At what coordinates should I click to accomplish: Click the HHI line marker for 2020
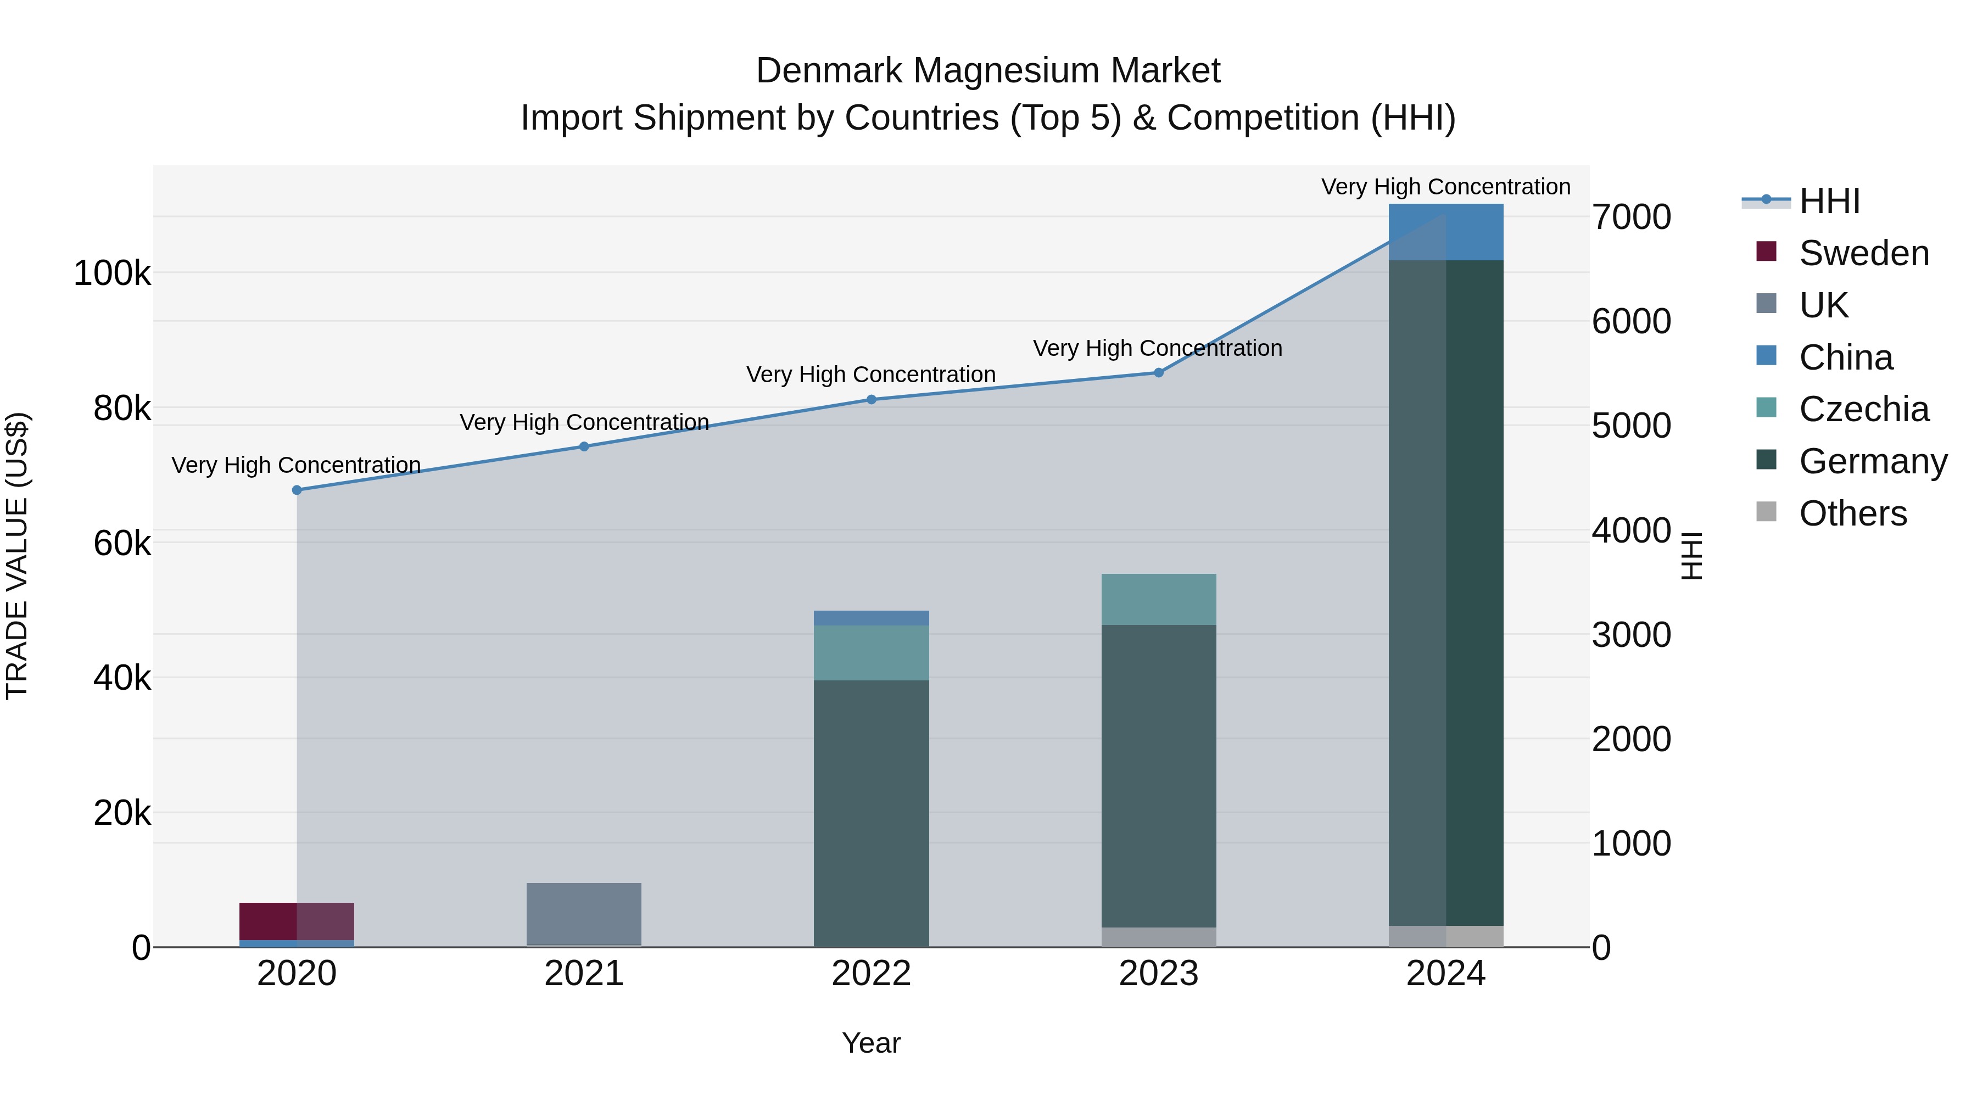(x=297, y=490)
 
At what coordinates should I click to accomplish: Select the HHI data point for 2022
(x=871, y=399)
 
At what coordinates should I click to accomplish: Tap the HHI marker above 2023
(x=1159, y=372)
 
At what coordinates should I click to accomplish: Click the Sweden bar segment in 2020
(x=297, y=921)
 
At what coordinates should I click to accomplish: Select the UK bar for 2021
(x=584, y=913)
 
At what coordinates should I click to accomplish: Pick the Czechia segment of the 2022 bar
(x=871, y=652)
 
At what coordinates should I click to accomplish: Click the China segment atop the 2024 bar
(x=1446, y=232)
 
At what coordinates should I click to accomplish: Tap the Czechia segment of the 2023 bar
(x=1159, y=599)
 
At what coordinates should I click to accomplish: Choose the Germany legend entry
(x=1873, y=461)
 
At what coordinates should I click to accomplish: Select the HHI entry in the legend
(x=1829, y=201)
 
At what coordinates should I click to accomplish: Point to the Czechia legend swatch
(x=1766, y=407)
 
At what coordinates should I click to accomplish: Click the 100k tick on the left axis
(x=112, y=273)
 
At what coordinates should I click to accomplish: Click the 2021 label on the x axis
(x=584, y=974)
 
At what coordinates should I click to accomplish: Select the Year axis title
(x=871, y=1043)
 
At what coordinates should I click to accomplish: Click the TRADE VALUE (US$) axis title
(x=17, y=556)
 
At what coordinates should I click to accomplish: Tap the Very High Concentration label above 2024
(x=1445, y=187)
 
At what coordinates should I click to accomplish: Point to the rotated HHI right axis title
(x=1691, y=556)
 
